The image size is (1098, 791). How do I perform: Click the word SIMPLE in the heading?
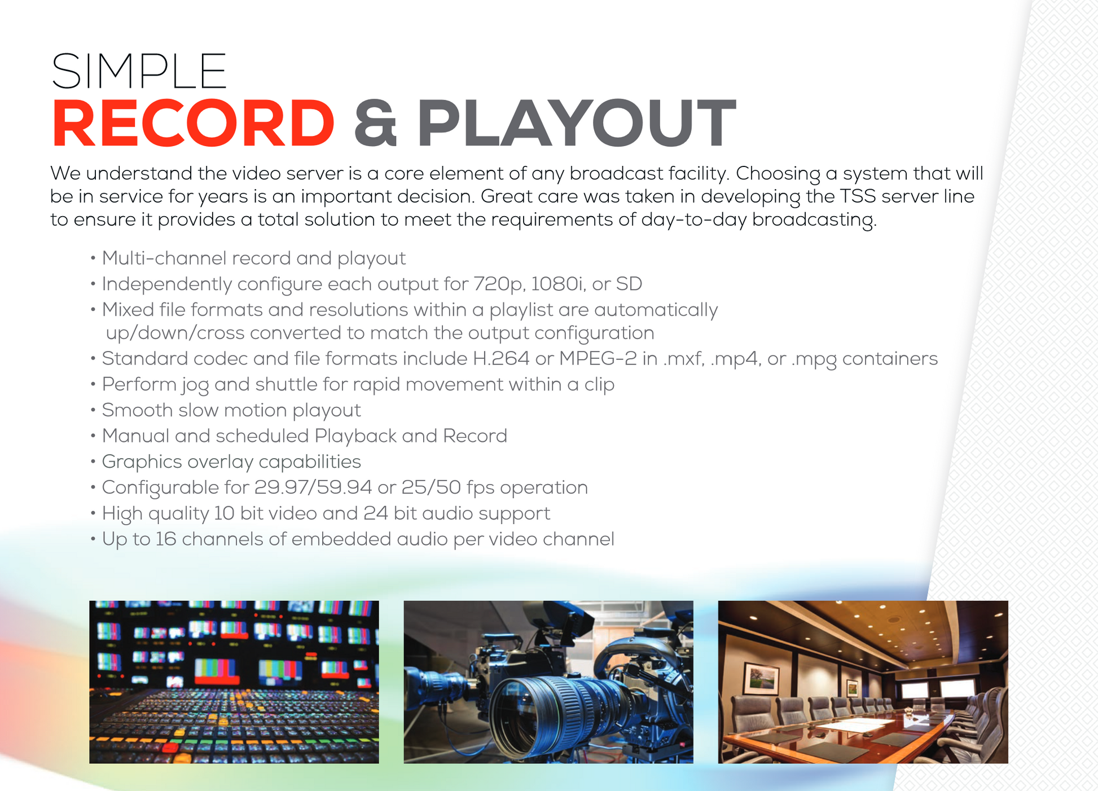coord(139,71)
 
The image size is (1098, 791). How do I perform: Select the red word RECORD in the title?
coord(193,124)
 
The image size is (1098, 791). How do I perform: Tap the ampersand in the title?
coord(375,124)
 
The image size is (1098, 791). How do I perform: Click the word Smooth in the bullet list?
coord(137,410)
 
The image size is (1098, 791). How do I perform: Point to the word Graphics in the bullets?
coord(142,462)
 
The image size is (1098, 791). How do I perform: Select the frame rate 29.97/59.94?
coord(313,487)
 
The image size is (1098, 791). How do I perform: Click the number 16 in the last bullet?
coord(166,539)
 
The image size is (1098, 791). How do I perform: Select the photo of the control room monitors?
coord(234,682)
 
